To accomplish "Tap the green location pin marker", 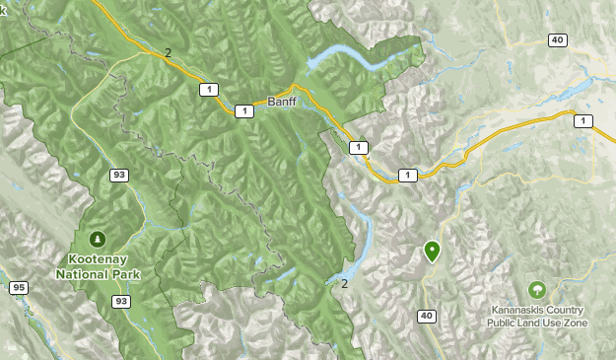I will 432,252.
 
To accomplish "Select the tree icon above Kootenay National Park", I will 98,239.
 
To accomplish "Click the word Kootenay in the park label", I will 98,259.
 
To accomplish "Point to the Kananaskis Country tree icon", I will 537,290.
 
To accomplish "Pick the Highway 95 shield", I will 18,288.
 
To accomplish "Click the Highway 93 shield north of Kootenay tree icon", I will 118,176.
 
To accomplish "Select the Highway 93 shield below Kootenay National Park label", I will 120,300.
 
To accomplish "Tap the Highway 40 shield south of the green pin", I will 426,316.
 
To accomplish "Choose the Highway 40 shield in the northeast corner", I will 558,39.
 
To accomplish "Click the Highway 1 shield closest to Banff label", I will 244,111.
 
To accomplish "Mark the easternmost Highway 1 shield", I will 584,120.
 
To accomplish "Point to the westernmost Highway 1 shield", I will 208,89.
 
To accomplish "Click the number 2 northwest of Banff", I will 168,53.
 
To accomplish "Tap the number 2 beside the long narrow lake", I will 345,284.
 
